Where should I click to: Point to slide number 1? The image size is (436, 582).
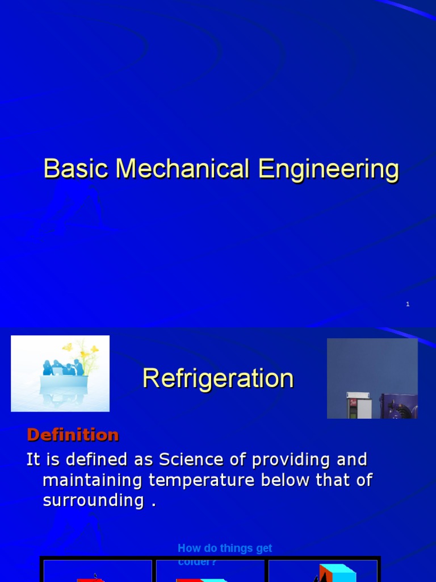click(x=408, y=305)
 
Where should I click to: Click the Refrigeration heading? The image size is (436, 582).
click(x=218, y=379)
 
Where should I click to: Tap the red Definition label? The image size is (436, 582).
click(x=73, y=435)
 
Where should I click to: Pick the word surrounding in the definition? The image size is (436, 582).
click(x=93, y=500)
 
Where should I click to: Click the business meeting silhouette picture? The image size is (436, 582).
click(x=60, y=373)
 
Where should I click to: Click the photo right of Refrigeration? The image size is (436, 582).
click(x=372, y=379)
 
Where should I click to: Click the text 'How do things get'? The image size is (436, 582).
click(x=225, y=548)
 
